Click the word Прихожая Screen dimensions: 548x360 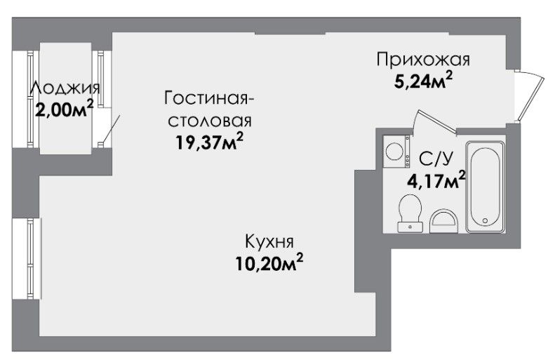(423, 60)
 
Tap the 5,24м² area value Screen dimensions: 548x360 (423, 82)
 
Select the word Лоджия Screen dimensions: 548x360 (65, 88)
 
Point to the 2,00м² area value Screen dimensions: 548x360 (65, 109)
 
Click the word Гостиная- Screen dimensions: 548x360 (209, 98)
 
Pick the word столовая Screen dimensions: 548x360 (210, 121)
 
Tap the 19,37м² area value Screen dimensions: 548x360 (209, 141)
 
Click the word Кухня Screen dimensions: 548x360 (269, 241)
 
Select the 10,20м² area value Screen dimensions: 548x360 (269, 263)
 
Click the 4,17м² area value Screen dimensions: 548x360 (436, 180)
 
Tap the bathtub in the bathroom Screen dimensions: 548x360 (486, 187)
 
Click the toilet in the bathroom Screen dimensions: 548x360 (410, 213)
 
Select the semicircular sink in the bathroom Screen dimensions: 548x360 (443, 221)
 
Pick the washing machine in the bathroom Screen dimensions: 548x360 (396, 152)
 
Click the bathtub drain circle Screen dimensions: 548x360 (485, 220)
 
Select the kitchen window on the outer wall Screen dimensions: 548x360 (31, 259)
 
